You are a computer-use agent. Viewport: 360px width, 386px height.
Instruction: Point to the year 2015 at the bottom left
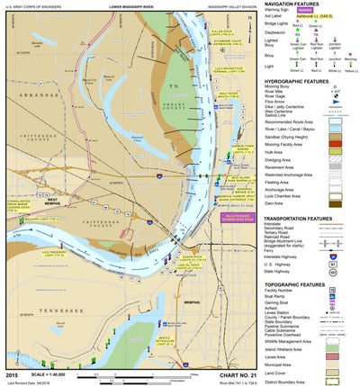pos(11,372)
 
